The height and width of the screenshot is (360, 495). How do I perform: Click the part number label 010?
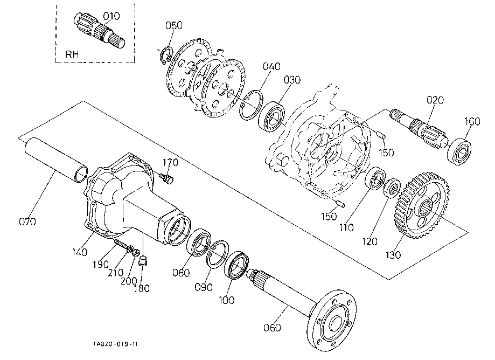point(111,16)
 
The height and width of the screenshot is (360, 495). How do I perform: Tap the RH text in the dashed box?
point(72,54)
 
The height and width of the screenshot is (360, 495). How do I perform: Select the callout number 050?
point(174,25)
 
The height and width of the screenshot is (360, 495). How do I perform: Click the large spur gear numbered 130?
point(421,205)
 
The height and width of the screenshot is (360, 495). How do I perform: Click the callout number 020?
point(435,100)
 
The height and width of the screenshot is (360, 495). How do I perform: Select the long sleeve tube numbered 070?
point(55,160)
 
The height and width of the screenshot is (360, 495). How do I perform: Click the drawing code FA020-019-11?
point(116,344)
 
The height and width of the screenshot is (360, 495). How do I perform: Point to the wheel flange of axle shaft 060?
point(331,320)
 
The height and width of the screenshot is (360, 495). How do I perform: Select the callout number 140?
point(79,252)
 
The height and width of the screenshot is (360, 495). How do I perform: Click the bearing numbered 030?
point(271,116)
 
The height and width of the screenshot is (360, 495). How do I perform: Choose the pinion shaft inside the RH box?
point(100,31)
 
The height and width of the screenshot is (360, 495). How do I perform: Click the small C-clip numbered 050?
point(166,55)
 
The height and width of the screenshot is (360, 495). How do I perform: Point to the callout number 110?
point(346,227)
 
